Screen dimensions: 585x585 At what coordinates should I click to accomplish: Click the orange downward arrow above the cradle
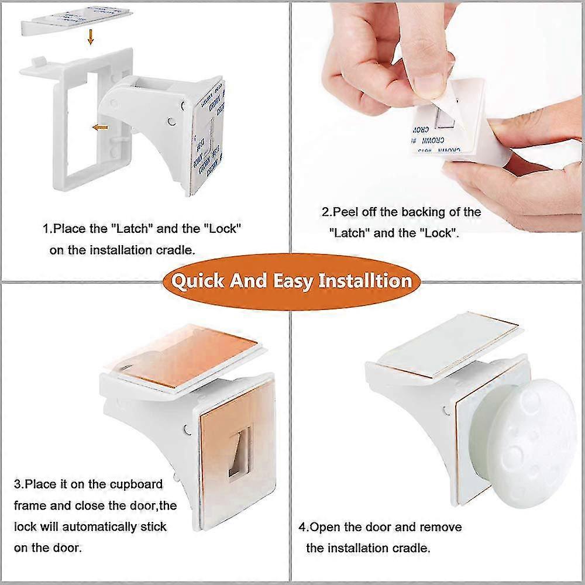pyautogui.click(x=91, y=38)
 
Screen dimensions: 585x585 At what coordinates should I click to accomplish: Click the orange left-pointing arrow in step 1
pyautogui.click(x=101, y=126)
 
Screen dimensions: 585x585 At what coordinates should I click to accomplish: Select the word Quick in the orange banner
pyautogui.click(x=197, y=281)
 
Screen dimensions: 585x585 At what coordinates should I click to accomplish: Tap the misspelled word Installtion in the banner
pyautogui.click(x=365, y=281)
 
